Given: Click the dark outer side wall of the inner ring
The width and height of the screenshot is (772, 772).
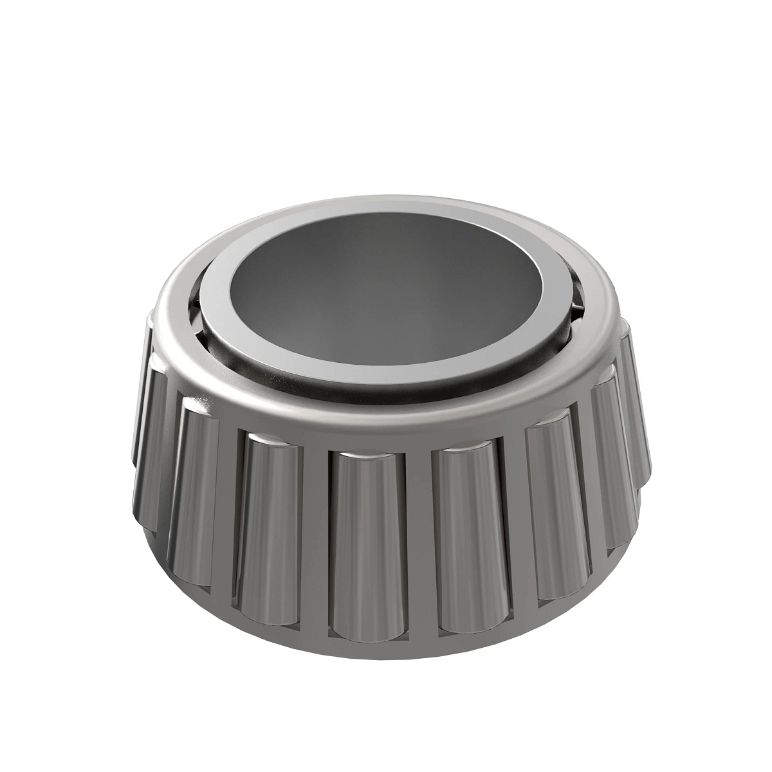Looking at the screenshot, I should pyautogui.click(x=386, y=392).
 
